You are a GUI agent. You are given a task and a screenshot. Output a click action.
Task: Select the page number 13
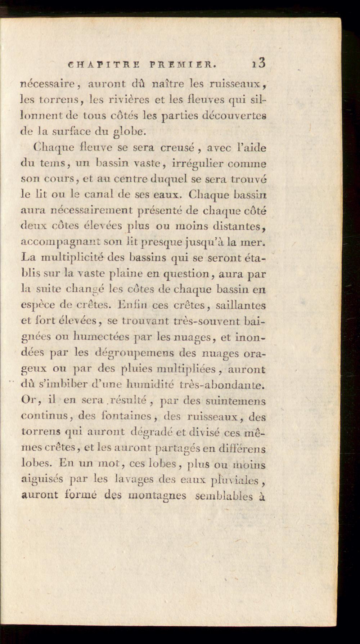pos(259,64)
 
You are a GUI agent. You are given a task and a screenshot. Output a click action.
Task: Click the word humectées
pos(102,337)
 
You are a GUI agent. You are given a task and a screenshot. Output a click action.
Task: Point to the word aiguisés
pos(42,480)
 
